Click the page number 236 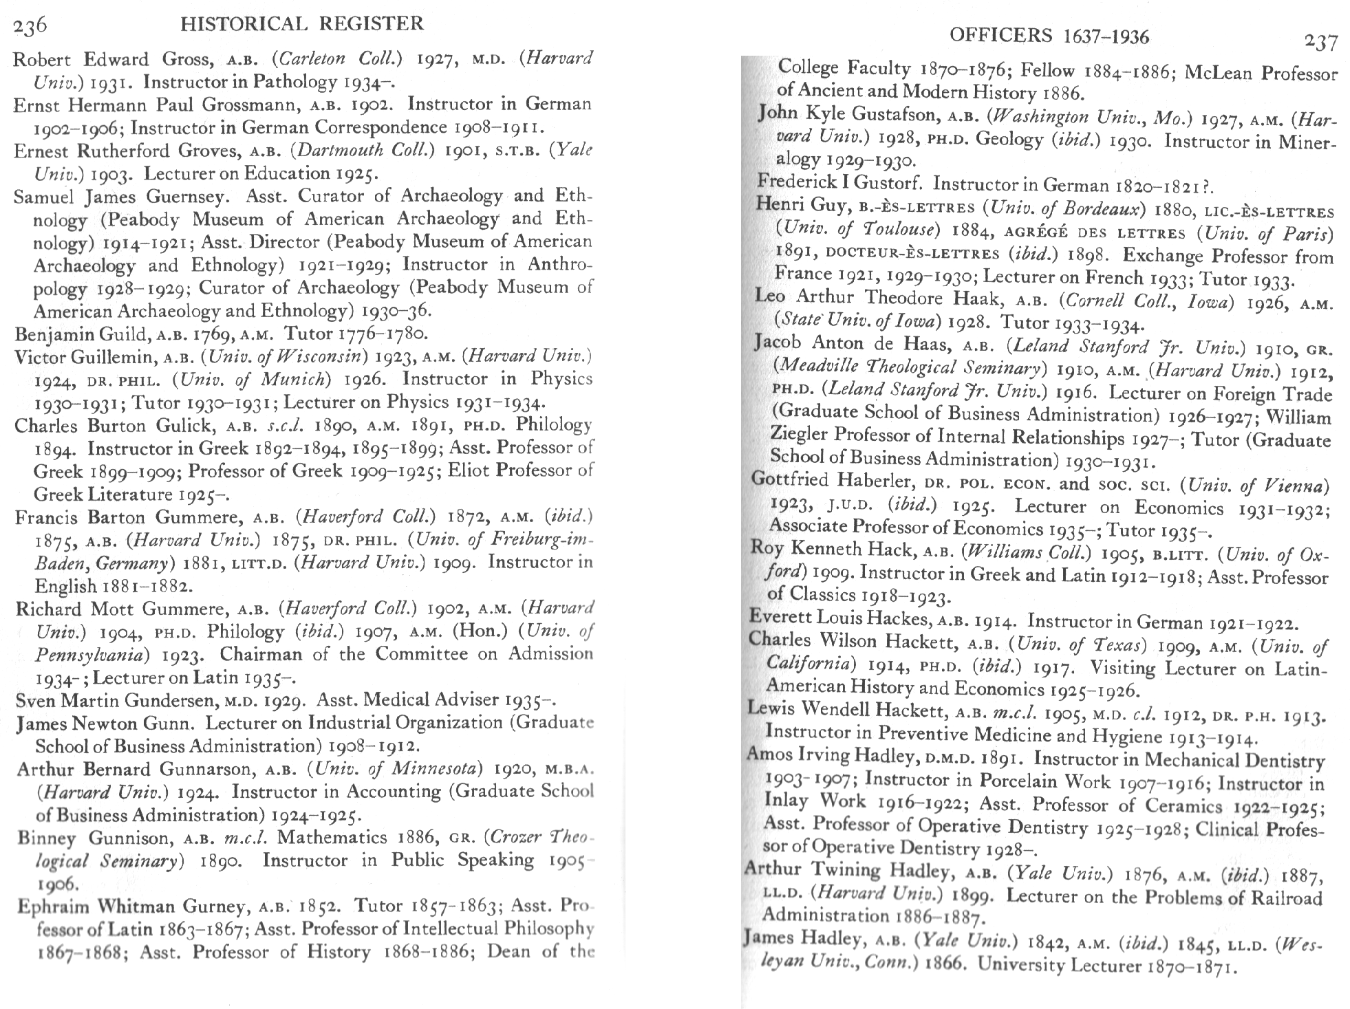tap(30, 25)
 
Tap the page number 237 tap(1321, 42)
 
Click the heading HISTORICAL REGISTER tap(301, 24)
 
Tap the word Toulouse tap(900, 230)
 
